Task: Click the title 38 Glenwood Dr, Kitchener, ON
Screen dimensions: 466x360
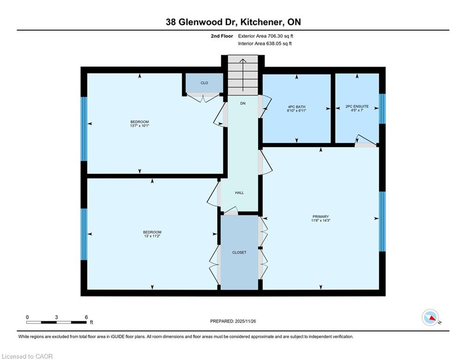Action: pyautogui.click(x=233, y=22)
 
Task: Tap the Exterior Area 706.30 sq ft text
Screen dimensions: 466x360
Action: pyautogui.click(x=266, y=36)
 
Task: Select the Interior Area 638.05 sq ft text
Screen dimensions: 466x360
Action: pyautogui.click(x=265, y=44)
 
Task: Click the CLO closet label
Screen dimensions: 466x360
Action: pyautogui.click(x=204, y=83)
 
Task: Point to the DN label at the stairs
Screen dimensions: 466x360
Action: pyautogui.click(x=243, y=103)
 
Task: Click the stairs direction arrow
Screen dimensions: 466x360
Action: pyautogui.click(x=243, y=75)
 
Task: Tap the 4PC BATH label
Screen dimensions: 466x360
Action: pyautogui.click(x=296, y=107)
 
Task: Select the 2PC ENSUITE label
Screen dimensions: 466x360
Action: pyautogui.click(x=357, y=106)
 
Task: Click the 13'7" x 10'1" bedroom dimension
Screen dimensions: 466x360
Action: pyautogui.click(x=140, y=126)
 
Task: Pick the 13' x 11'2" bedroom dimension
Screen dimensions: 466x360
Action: pyautogui.click(x=152, y=236)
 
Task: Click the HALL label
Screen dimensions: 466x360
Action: pyautogui.click(x=239, y=193)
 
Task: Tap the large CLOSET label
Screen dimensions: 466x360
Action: pyautogui.click(x=239, y=253)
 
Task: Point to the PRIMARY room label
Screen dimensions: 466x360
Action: pyautogui.click(x=321, y=217)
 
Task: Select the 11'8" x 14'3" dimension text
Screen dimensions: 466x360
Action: pyautogui.click(x=321, y=220)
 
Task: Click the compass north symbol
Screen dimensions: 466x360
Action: pyautogui.click(x=430, y=317)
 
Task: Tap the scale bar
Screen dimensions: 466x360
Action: pyautogui.click(x=57, y=322)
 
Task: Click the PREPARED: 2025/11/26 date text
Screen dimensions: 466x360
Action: pyautogui.click(x=233, y=321)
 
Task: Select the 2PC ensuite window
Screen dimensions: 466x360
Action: pyautogui.click(x=382, y=109)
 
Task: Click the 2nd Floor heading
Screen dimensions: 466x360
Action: pyautogui.click(x=222, y=36)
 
